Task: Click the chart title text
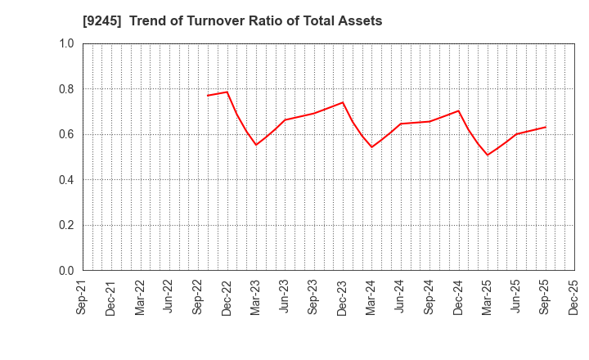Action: [x=232, y=21]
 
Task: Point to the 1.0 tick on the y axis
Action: [x=65, y=43]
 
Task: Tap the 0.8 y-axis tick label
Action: [x=65, y=89]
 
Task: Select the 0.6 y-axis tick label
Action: [x=65, y=134]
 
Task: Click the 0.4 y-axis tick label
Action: [x=65, y=180]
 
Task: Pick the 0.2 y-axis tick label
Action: [x=65, y=225]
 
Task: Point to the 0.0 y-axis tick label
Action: [x=65, y=271]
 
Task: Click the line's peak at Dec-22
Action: [x=227, y=92]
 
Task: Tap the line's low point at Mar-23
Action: [x=256, y=145]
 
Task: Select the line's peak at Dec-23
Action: [x=343, y=102]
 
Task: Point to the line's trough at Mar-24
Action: [x=371, y=147]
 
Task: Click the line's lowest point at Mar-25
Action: [x=488, y=155]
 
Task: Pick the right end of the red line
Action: [x=546, y=127]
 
